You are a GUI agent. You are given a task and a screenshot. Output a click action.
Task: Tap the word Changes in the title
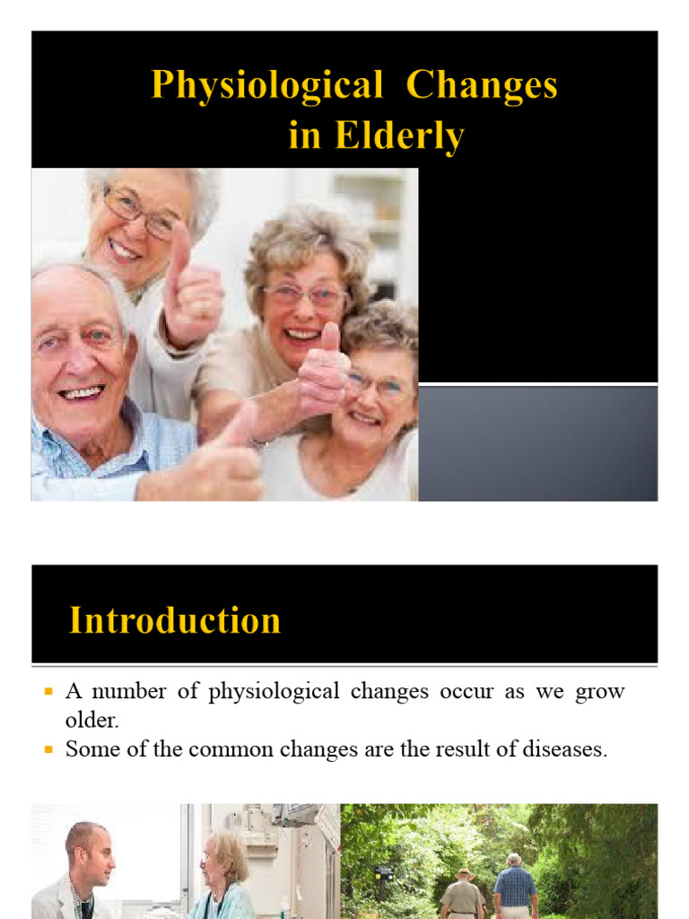[x=482, y=86]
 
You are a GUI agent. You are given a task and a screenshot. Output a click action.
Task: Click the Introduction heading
[x=175, y=620]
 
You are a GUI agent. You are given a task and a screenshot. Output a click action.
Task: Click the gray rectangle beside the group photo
[x=537, y=442]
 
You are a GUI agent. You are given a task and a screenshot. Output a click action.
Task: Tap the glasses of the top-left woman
[x=138, y=213]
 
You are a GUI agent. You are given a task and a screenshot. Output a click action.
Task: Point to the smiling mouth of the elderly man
[x=82, y=393]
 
